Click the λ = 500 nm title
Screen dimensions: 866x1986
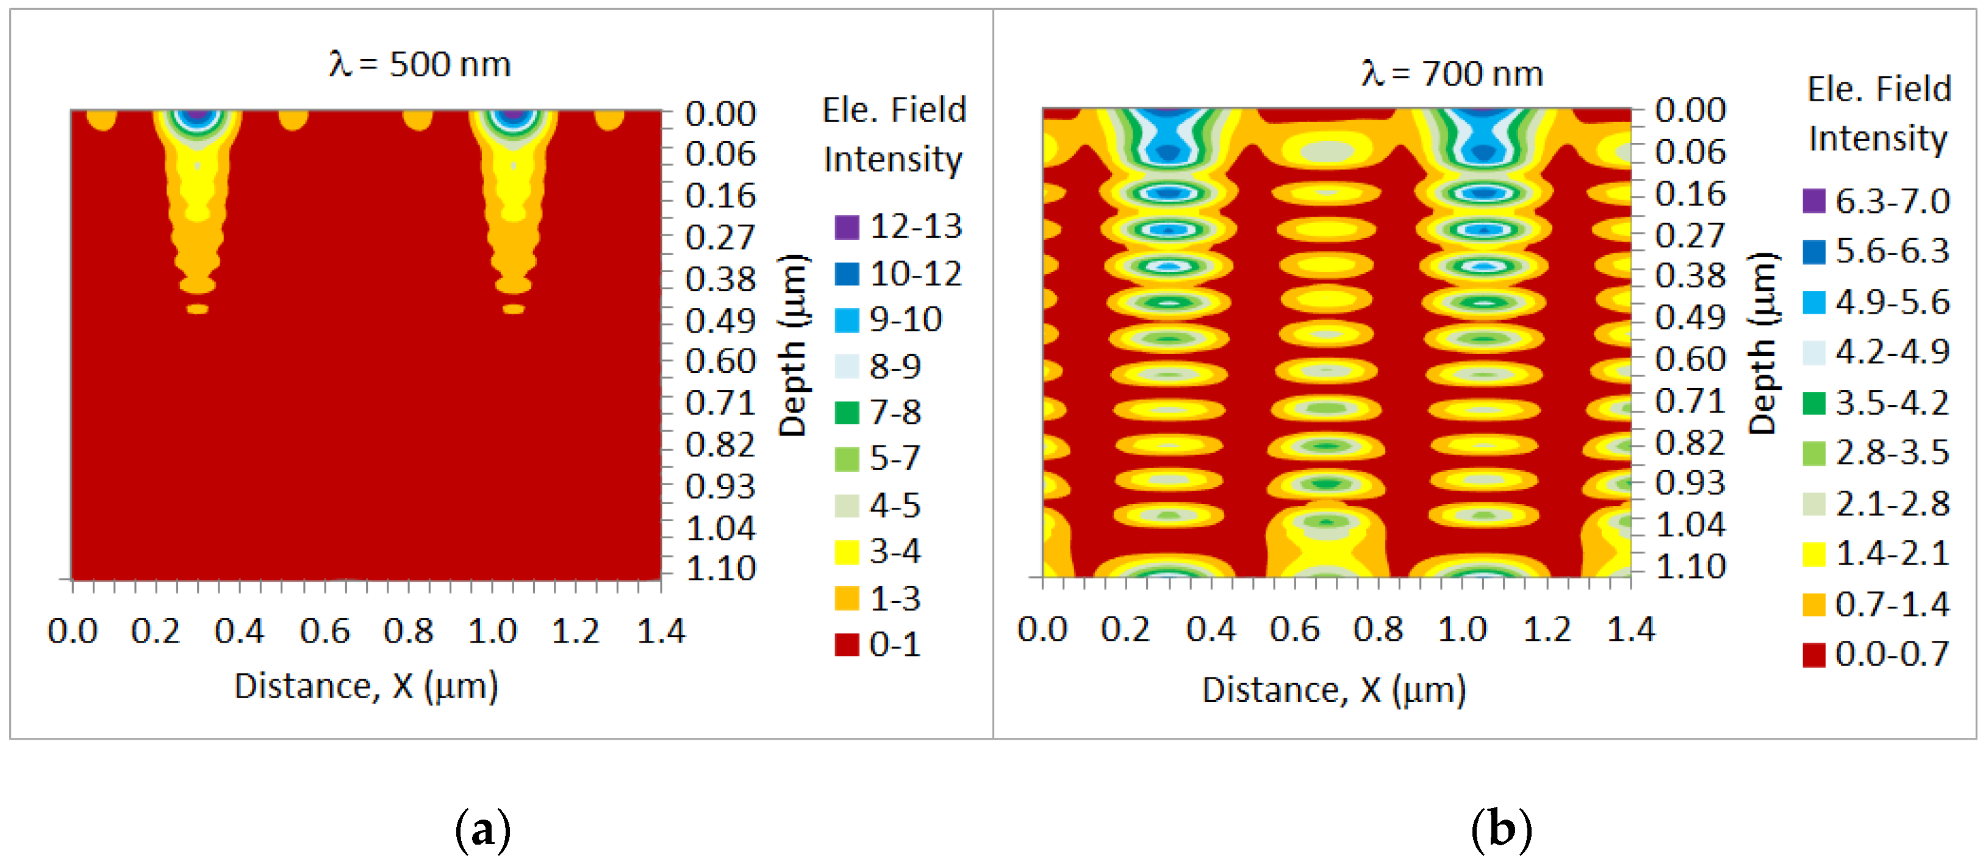coord(420,64)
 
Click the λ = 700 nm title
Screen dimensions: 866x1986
coord(1452,74)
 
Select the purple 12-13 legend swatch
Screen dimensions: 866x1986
coord(847,228)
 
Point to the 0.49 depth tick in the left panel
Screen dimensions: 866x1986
coord(720,321)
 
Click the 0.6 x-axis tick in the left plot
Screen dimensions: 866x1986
coord(324,632)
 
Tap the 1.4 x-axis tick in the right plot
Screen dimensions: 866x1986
coord(1630,629)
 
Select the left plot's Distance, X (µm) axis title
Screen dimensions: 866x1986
coord(366,685)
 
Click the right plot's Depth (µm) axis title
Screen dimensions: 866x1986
coord(1762,343)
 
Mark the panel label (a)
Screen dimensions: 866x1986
coord(482,831)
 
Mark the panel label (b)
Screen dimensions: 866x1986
coord(1501,831)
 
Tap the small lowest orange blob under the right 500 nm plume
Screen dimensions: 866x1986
coord(514,309)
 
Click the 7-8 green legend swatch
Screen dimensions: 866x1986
coord(847,413)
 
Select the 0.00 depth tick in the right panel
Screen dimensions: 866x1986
coord(1690,110)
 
